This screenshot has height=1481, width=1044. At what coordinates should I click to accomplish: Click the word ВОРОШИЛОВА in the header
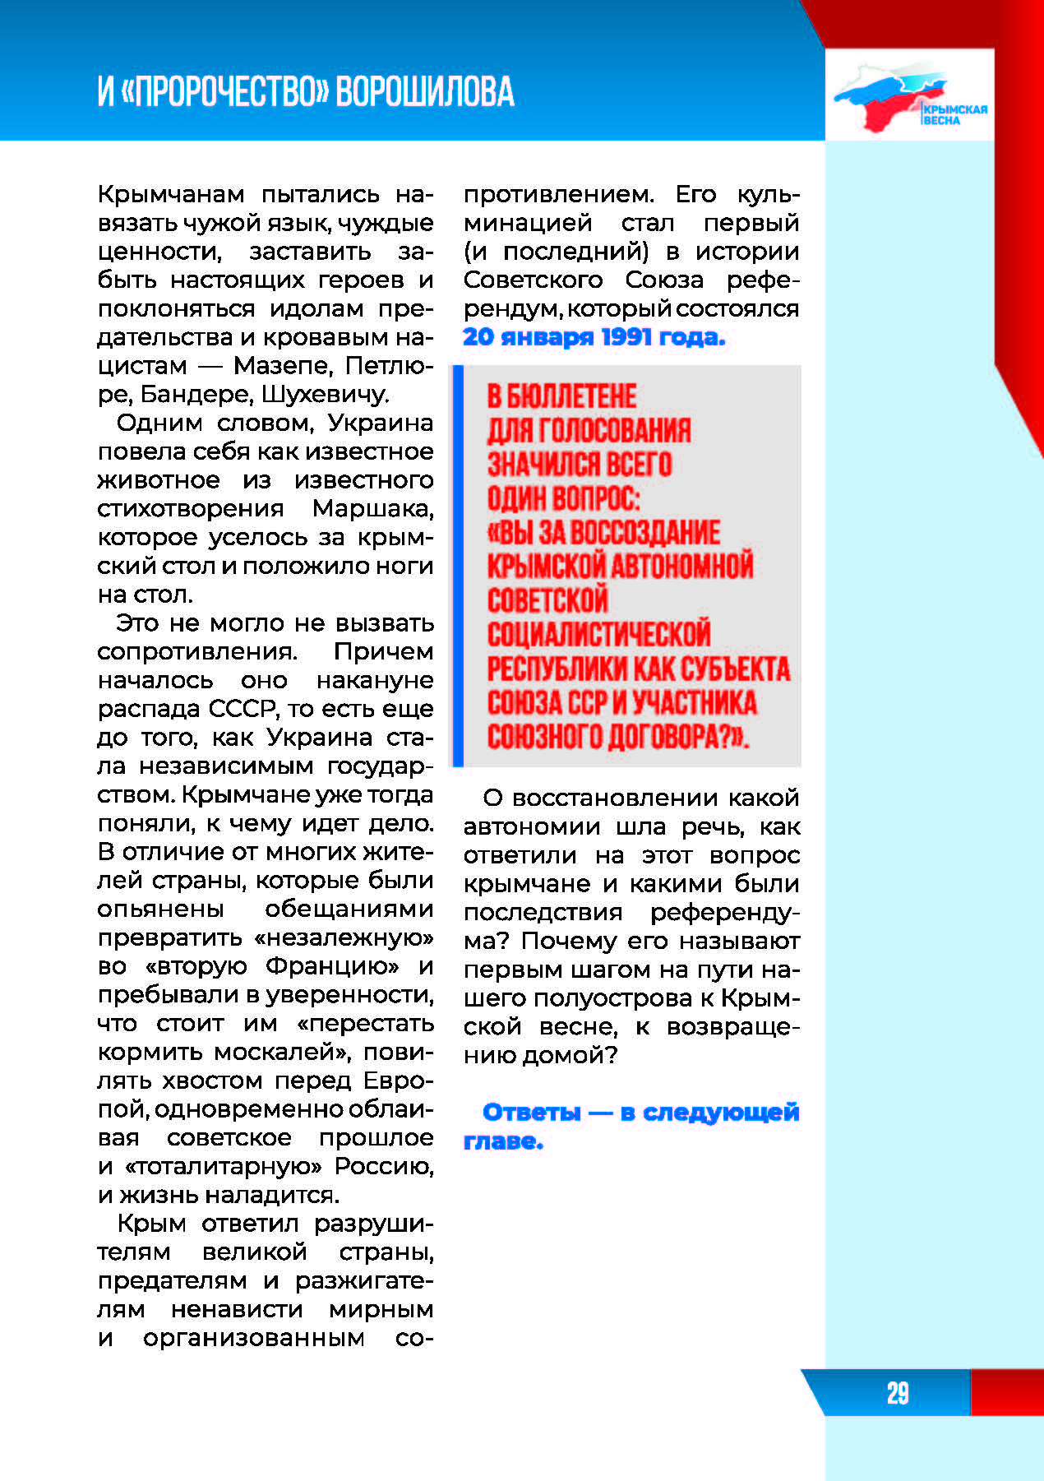pyautogui.click(x=425, y=91)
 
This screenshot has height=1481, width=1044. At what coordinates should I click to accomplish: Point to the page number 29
pyautogui.click(x=897, y=1393)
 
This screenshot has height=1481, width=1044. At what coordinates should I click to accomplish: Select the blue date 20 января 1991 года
pyautogui.click(x=594, y=337)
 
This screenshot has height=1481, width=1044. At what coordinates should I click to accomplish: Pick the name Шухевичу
pyautogui.click(x=325, y=394)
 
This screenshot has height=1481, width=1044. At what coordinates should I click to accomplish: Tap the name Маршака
pyautogui.click(x=372, y=508)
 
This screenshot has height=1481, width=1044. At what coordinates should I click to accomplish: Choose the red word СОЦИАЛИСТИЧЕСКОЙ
pyautogui.click(x=598, y=634)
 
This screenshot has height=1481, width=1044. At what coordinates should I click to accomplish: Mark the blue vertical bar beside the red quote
pyautogui.click(x=458, y=566)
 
